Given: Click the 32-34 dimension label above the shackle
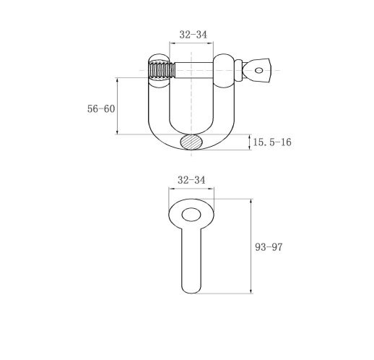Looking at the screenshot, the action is point(193,35).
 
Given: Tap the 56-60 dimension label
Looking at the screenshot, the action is point(101,109).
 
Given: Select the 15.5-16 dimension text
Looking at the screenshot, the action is point(272,142).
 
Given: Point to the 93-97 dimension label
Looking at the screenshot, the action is point(269,247).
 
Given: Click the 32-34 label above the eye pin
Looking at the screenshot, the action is point(191,180).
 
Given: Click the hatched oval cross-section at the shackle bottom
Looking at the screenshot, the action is point(191,142).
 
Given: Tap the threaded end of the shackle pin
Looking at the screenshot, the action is point(161,70).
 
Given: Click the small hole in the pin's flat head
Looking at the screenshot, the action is point(258,70).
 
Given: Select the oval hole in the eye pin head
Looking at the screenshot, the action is point(191,215).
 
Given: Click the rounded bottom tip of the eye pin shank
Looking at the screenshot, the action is point(191,291).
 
